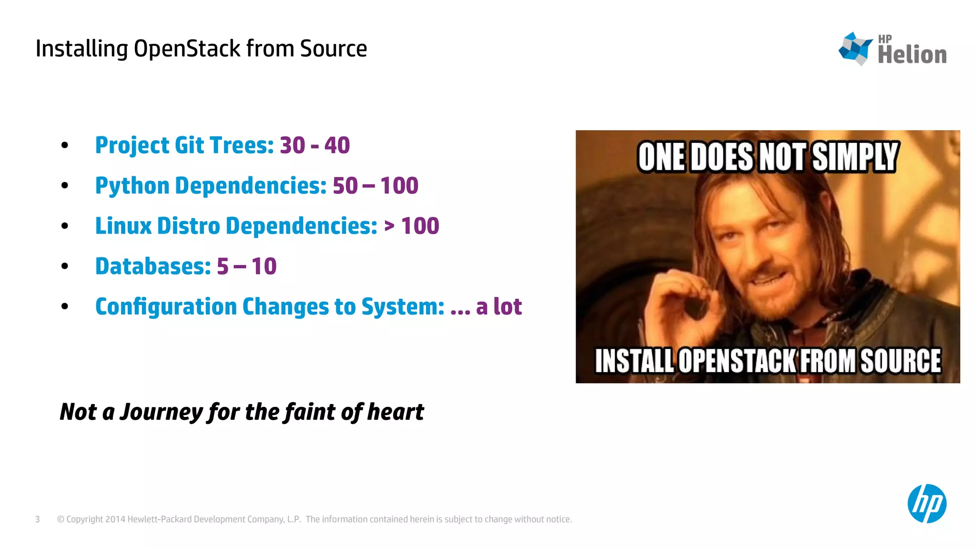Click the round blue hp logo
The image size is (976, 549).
[926, 504]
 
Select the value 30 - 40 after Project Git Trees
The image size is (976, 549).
[315, 145]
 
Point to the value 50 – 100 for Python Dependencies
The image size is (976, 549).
[375, 186]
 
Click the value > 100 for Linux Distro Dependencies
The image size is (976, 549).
[411, 226]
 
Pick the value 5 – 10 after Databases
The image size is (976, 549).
[246, 266]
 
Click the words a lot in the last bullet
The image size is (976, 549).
[498, 306]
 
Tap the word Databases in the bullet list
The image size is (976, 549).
[152, 266]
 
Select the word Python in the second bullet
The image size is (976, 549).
[132, 186]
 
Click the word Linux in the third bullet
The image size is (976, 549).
[123, 226]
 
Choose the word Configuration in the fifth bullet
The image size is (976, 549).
[166, 306]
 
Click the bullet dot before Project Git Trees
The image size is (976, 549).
[65, 145]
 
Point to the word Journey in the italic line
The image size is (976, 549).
[161, 412]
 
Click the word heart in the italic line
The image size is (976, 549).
[395, 412]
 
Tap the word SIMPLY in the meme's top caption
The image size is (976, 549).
[855, 157]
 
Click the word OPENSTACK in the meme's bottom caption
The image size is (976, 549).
[738, 361]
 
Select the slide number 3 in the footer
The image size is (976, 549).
[38, 519]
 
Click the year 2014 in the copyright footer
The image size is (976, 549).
[115, 519]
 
